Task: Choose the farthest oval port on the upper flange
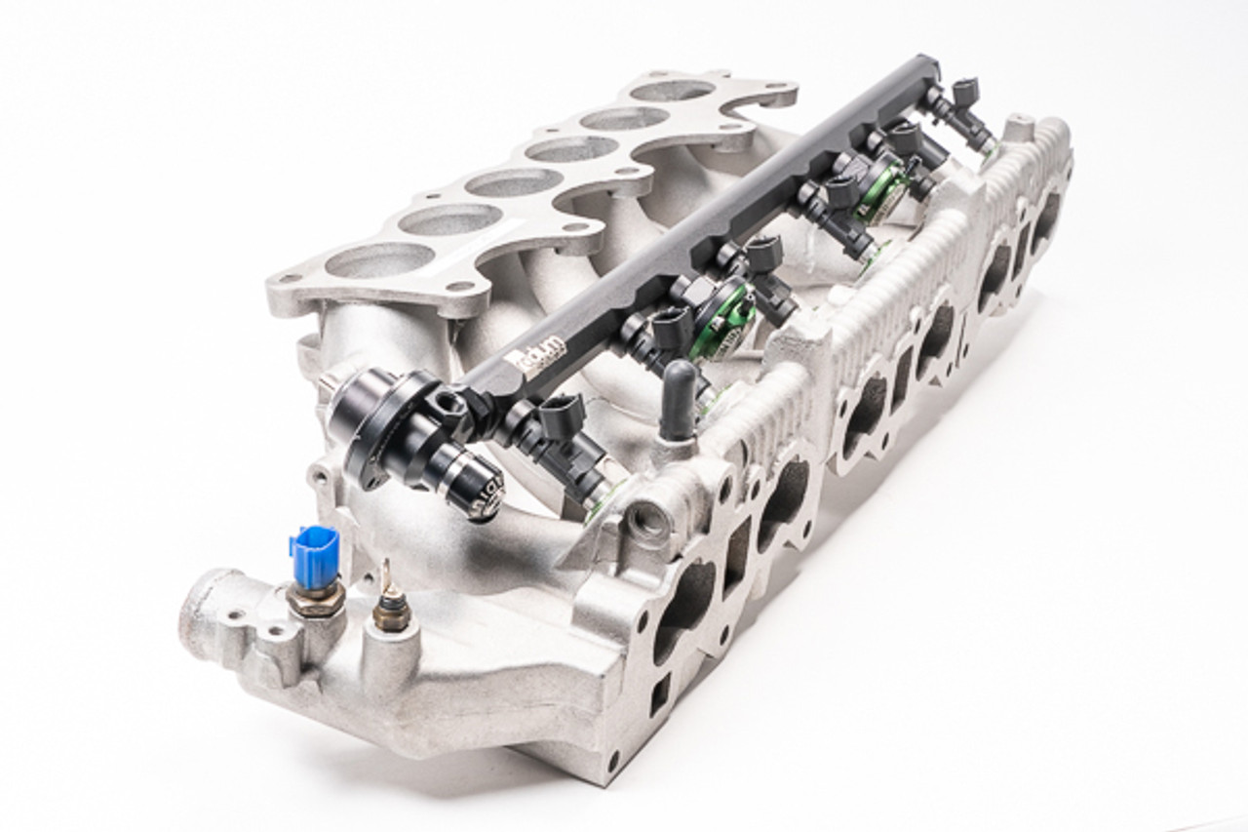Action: (672, 91)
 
